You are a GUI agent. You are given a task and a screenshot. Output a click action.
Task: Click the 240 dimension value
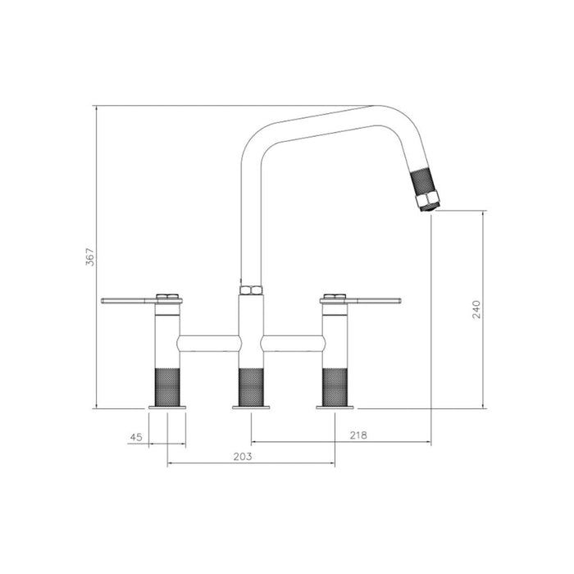pos(476,308)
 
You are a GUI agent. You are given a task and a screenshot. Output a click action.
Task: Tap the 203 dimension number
pos(242,456)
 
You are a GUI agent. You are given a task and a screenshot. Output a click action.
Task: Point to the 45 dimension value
pos(136,438)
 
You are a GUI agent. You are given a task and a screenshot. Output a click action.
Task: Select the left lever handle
pos(129,301)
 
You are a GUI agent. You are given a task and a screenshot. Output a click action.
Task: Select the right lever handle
pos(372,301)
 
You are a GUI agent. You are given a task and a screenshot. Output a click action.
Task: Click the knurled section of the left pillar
pos(167,386)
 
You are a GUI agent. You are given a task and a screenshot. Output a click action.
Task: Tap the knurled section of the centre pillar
pos(250,386)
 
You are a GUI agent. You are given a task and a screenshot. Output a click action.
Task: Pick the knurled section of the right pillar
pos(335,386)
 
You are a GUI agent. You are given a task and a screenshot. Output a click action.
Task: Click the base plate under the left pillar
pos(167,407)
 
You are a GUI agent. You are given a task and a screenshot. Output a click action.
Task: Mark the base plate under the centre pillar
pos(250,407)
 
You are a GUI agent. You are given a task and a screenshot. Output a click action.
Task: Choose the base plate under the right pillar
pos(335,407)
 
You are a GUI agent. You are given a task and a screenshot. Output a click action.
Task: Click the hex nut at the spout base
pos(250,289)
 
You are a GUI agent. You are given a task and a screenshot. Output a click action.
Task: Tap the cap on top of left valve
pos(167,295)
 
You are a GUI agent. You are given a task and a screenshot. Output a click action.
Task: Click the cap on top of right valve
pos(335,295)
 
